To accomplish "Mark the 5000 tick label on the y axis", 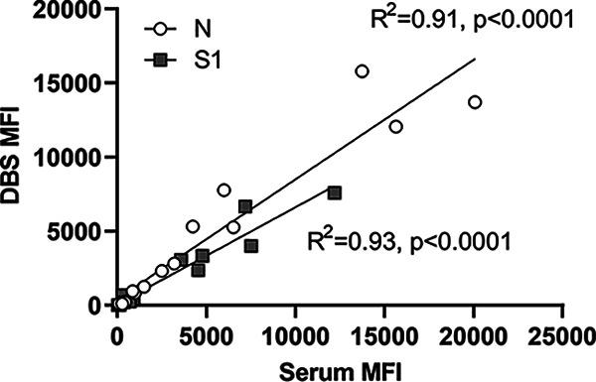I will [x=83, y=230].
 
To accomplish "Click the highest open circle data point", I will [x=362, y=71].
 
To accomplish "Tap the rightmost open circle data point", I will [x=475, y=102].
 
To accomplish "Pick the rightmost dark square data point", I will [x=335, y=192].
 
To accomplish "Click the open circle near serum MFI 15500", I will [x=395, y=127].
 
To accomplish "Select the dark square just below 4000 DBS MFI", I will [x=251, y=246].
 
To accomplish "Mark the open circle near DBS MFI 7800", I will [x=223, y=190].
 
